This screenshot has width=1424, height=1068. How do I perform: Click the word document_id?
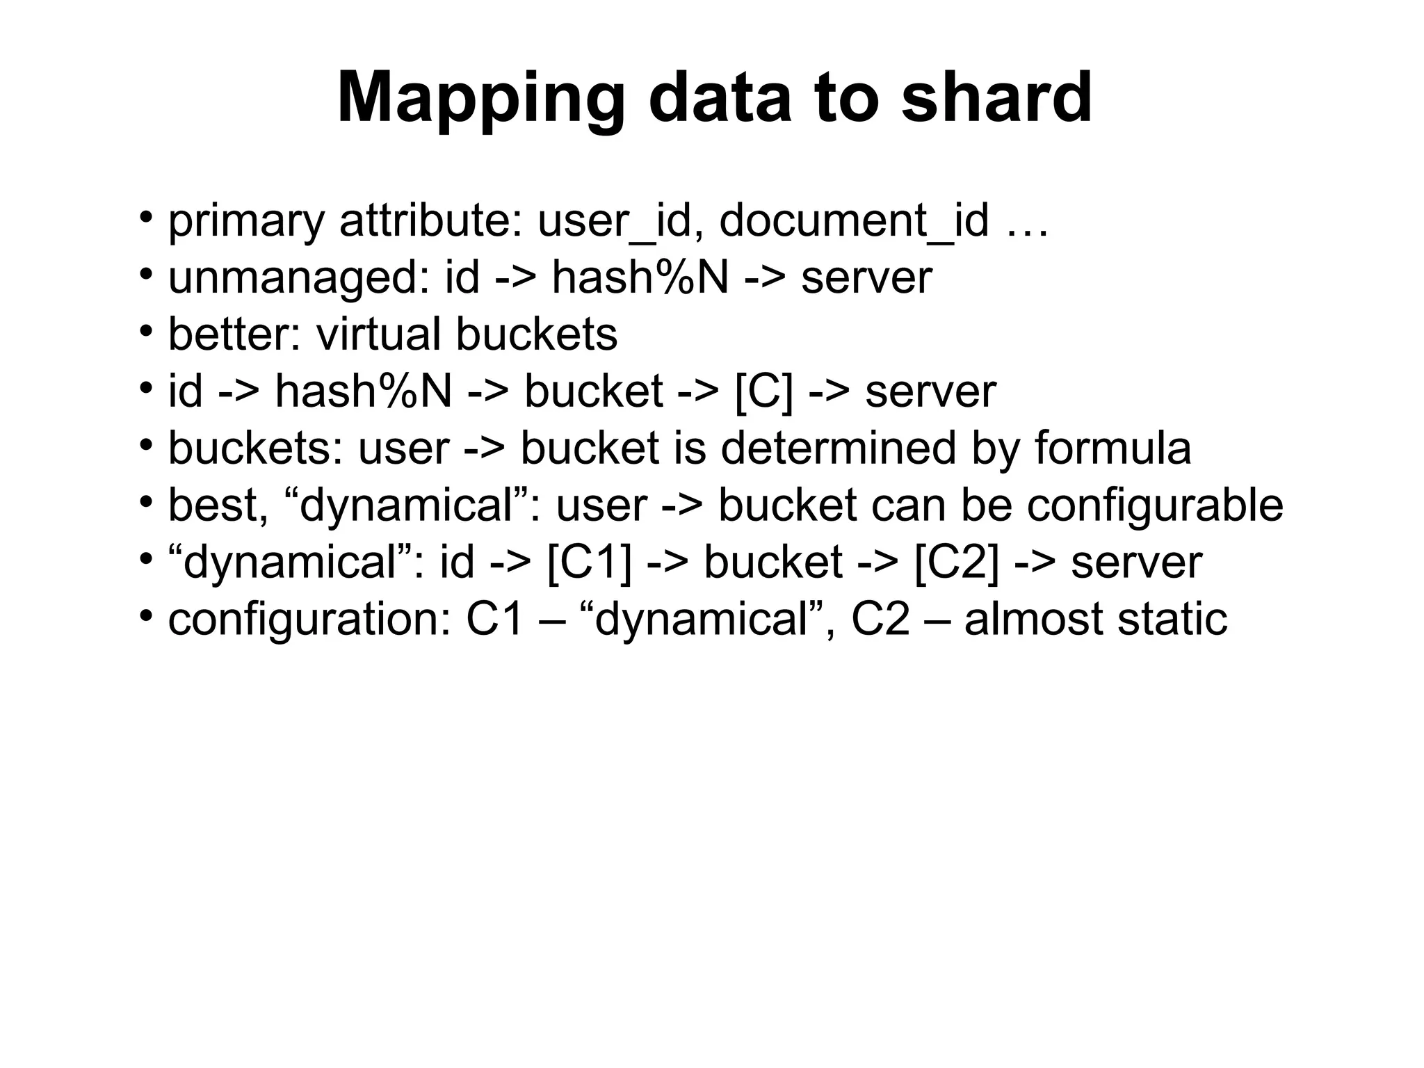coord(853,221)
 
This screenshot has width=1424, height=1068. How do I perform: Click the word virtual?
coord(378,334)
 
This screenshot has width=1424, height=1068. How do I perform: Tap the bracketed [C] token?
coord(763,391)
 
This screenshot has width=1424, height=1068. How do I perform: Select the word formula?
coord(1112,448)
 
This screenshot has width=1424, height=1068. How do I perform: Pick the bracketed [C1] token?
coord(590,562)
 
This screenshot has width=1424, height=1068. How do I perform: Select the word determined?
coord(838,448)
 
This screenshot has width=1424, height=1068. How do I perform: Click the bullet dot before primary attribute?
coord(145,217)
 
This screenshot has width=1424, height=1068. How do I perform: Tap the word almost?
coord(1034,619)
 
